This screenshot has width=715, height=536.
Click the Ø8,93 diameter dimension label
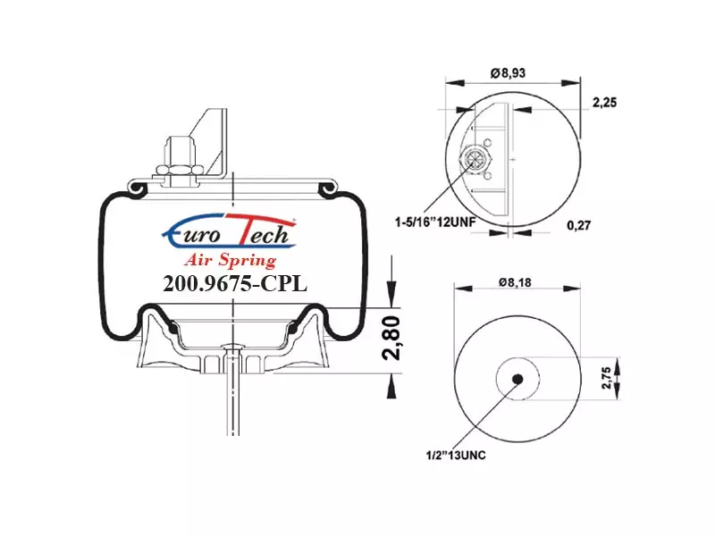508,73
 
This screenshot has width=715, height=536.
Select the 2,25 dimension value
604,103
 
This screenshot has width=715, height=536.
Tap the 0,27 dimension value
578,225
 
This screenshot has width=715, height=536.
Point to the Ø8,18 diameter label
515,282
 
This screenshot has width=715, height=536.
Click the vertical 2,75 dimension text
606,378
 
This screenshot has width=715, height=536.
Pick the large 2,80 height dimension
391,338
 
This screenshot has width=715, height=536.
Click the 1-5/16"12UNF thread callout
435,222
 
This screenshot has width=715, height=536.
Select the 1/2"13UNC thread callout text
456,455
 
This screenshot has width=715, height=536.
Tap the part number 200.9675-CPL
235,283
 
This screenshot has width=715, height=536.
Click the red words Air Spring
231,260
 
